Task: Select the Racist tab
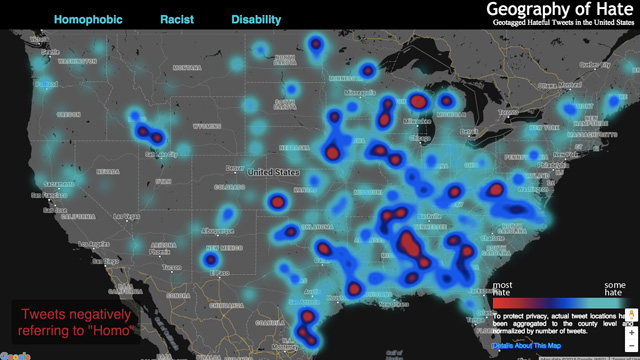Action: pyautogui.click(x=176, y=19)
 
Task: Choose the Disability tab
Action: pyautogui.click(x=256, y=19)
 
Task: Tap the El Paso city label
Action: pyautogui.click(x=223, y=272)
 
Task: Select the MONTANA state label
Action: pyautogui.click(x=187, y=67)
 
